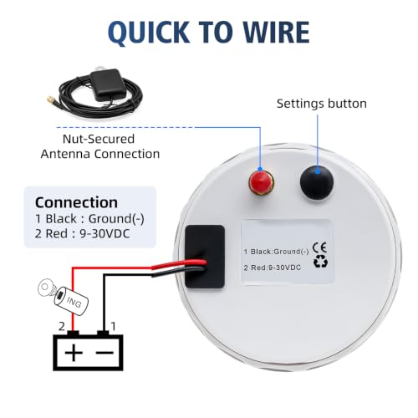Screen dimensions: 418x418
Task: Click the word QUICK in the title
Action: coord(149,32)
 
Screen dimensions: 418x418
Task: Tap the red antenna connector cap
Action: coord(261,182)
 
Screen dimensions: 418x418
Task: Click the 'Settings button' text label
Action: coord(322,104)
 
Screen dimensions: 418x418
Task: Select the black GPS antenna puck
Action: coord(107,84)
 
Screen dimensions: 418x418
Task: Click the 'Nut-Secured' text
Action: coord(99,139)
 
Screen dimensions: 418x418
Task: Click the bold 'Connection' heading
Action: coord(76,202)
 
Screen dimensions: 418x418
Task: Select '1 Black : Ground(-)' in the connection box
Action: coord(89,219)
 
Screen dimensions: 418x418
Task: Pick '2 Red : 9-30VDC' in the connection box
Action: coord(83,233)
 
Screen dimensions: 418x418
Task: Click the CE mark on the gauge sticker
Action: coord(319,247)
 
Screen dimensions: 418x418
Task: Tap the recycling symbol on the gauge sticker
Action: coord(320,262)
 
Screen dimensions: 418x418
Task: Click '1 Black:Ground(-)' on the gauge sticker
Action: coord(276,252)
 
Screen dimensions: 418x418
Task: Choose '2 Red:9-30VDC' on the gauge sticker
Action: coord(273,268)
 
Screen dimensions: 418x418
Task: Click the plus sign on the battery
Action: coord(74,353)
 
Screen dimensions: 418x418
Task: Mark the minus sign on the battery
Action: coord(104,353)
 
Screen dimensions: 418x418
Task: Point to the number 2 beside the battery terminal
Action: coord(62,326)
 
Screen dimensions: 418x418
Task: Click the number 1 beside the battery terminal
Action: coord(113,326)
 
